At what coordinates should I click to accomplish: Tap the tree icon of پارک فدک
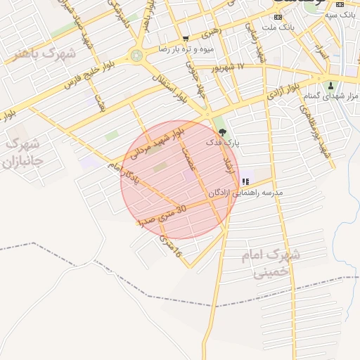pos(222,131)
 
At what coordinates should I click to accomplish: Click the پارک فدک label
pos(223,142)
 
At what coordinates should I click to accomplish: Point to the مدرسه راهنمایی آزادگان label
pos(245,192)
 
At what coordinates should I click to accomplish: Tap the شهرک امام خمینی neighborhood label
pos(274,263)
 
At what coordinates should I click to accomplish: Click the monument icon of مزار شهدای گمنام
pos(331,86)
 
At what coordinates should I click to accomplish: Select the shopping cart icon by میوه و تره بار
pos(185,39)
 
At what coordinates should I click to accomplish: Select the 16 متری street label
pos(171,245)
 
